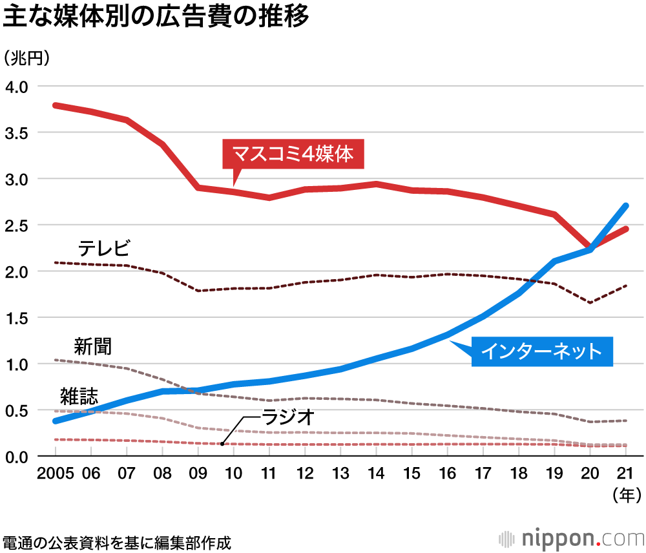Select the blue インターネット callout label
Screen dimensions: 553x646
(542, 351)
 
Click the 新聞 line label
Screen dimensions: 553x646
(92, 346)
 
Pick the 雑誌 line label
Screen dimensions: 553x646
(79, 394)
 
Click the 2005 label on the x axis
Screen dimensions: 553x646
(56, 474)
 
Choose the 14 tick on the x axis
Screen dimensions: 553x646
(376, 474)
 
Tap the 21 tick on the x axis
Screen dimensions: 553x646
(625, 474)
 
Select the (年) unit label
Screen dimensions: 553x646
(625, 496)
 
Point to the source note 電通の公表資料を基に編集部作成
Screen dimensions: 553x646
(117, 541)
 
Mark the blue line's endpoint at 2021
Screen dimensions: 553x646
(625, 206)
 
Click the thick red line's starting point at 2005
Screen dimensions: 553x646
(56, 105)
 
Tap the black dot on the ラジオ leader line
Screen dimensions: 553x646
(222, 443)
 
